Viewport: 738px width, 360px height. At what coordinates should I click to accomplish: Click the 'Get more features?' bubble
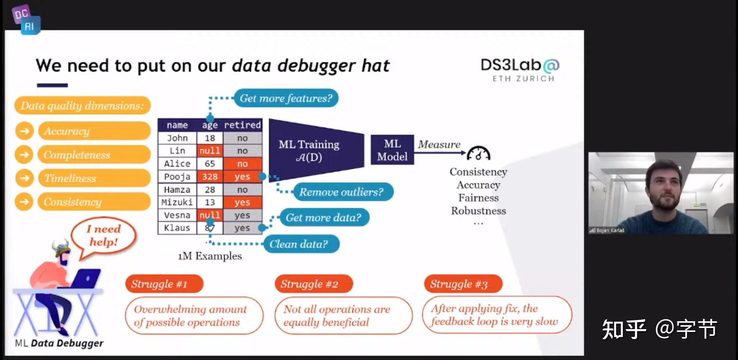point(286,98)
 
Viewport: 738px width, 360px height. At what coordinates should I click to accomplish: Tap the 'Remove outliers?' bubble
point(341,192)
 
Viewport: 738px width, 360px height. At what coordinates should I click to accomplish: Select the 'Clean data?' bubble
point(299,244)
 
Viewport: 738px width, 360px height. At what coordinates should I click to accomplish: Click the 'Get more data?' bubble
point(323,218)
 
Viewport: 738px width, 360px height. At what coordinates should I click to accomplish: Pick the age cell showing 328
point(210,176)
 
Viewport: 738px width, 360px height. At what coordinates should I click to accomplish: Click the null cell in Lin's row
point(210,151)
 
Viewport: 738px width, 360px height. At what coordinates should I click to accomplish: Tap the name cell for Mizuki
point(177,202)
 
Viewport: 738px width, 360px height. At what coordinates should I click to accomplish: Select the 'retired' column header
point(242,125)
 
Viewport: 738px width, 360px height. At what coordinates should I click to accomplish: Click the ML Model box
point(392,150)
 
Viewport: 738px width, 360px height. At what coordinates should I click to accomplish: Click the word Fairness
point(478,198)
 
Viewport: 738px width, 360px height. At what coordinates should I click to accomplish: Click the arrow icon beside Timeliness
point(25,178)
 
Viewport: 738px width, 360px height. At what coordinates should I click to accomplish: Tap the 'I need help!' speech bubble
point(103,236)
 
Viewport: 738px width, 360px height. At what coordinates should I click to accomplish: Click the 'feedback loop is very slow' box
point(497,315)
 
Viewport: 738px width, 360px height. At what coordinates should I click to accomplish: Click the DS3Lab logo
point(520,70)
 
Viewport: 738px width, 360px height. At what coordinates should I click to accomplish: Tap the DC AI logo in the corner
point(26,20)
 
